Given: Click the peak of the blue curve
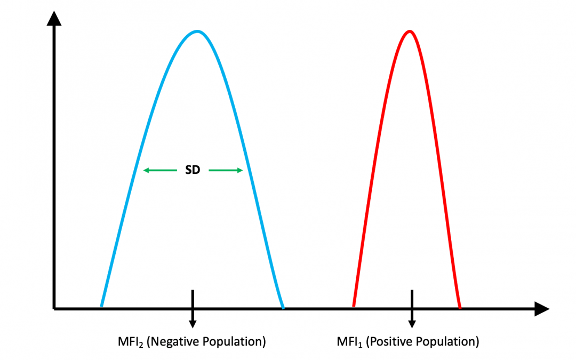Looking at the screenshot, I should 197,31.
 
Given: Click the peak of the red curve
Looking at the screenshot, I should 410,31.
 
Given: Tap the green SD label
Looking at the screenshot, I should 193,171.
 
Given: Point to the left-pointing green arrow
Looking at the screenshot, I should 160,171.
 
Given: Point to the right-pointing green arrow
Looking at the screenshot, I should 226,171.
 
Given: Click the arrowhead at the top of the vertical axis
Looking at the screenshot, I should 54,19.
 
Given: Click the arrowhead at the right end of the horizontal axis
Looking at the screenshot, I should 541,309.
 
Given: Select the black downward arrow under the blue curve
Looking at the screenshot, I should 193,309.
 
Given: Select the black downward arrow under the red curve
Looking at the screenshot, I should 412,309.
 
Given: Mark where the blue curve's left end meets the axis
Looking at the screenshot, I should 101,307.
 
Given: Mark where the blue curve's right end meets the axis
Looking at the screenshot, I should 283,307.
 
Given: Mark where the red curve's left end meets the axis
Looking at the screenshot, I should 353,307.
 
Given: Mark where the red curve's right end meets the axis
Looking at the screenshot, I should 460,307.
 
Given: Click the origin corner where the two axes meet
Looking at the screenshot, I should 54,308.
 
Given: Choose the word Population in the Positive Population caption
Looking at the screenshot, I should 450,341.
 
